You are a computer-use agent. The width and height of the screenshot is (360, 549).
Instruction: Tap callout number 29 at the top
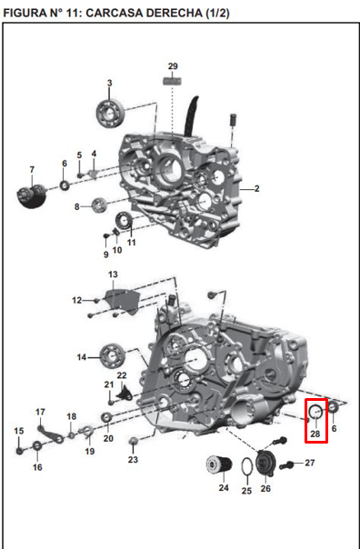coord(173,66)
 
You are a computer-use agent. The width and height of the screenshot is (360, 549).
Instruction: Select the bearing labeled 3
coord(111,111)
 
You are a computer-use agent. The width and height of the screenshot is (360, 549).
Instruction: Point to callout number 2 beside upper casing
coord(257,189)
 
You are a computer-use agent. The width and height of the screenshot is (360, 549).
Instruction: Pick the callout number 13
coord(113,274)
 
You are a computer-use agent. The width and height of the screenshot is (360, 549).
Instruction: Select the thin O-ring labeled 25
coord(245,466)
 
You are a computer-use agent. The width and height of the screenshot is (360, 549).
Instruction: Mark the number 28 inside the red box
coord(315,434)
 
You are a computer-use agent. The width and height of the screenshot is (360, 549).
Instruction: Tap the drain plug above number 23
coord(135,442)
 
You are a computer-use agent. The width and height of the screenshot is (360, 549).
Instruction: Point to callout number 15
coord(18,430)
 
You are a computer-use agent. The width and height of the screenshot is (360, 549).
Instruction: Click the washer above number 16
coord(37,445)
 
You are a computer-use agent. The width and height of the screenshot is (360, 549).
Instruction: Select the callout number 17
coord(40,412)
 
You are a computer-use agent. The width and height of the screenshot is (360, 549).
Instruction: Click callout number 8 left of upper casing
coord(77,205)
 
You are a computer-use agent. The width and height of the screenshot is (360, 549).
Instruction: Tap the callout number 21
coord(108,384)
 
